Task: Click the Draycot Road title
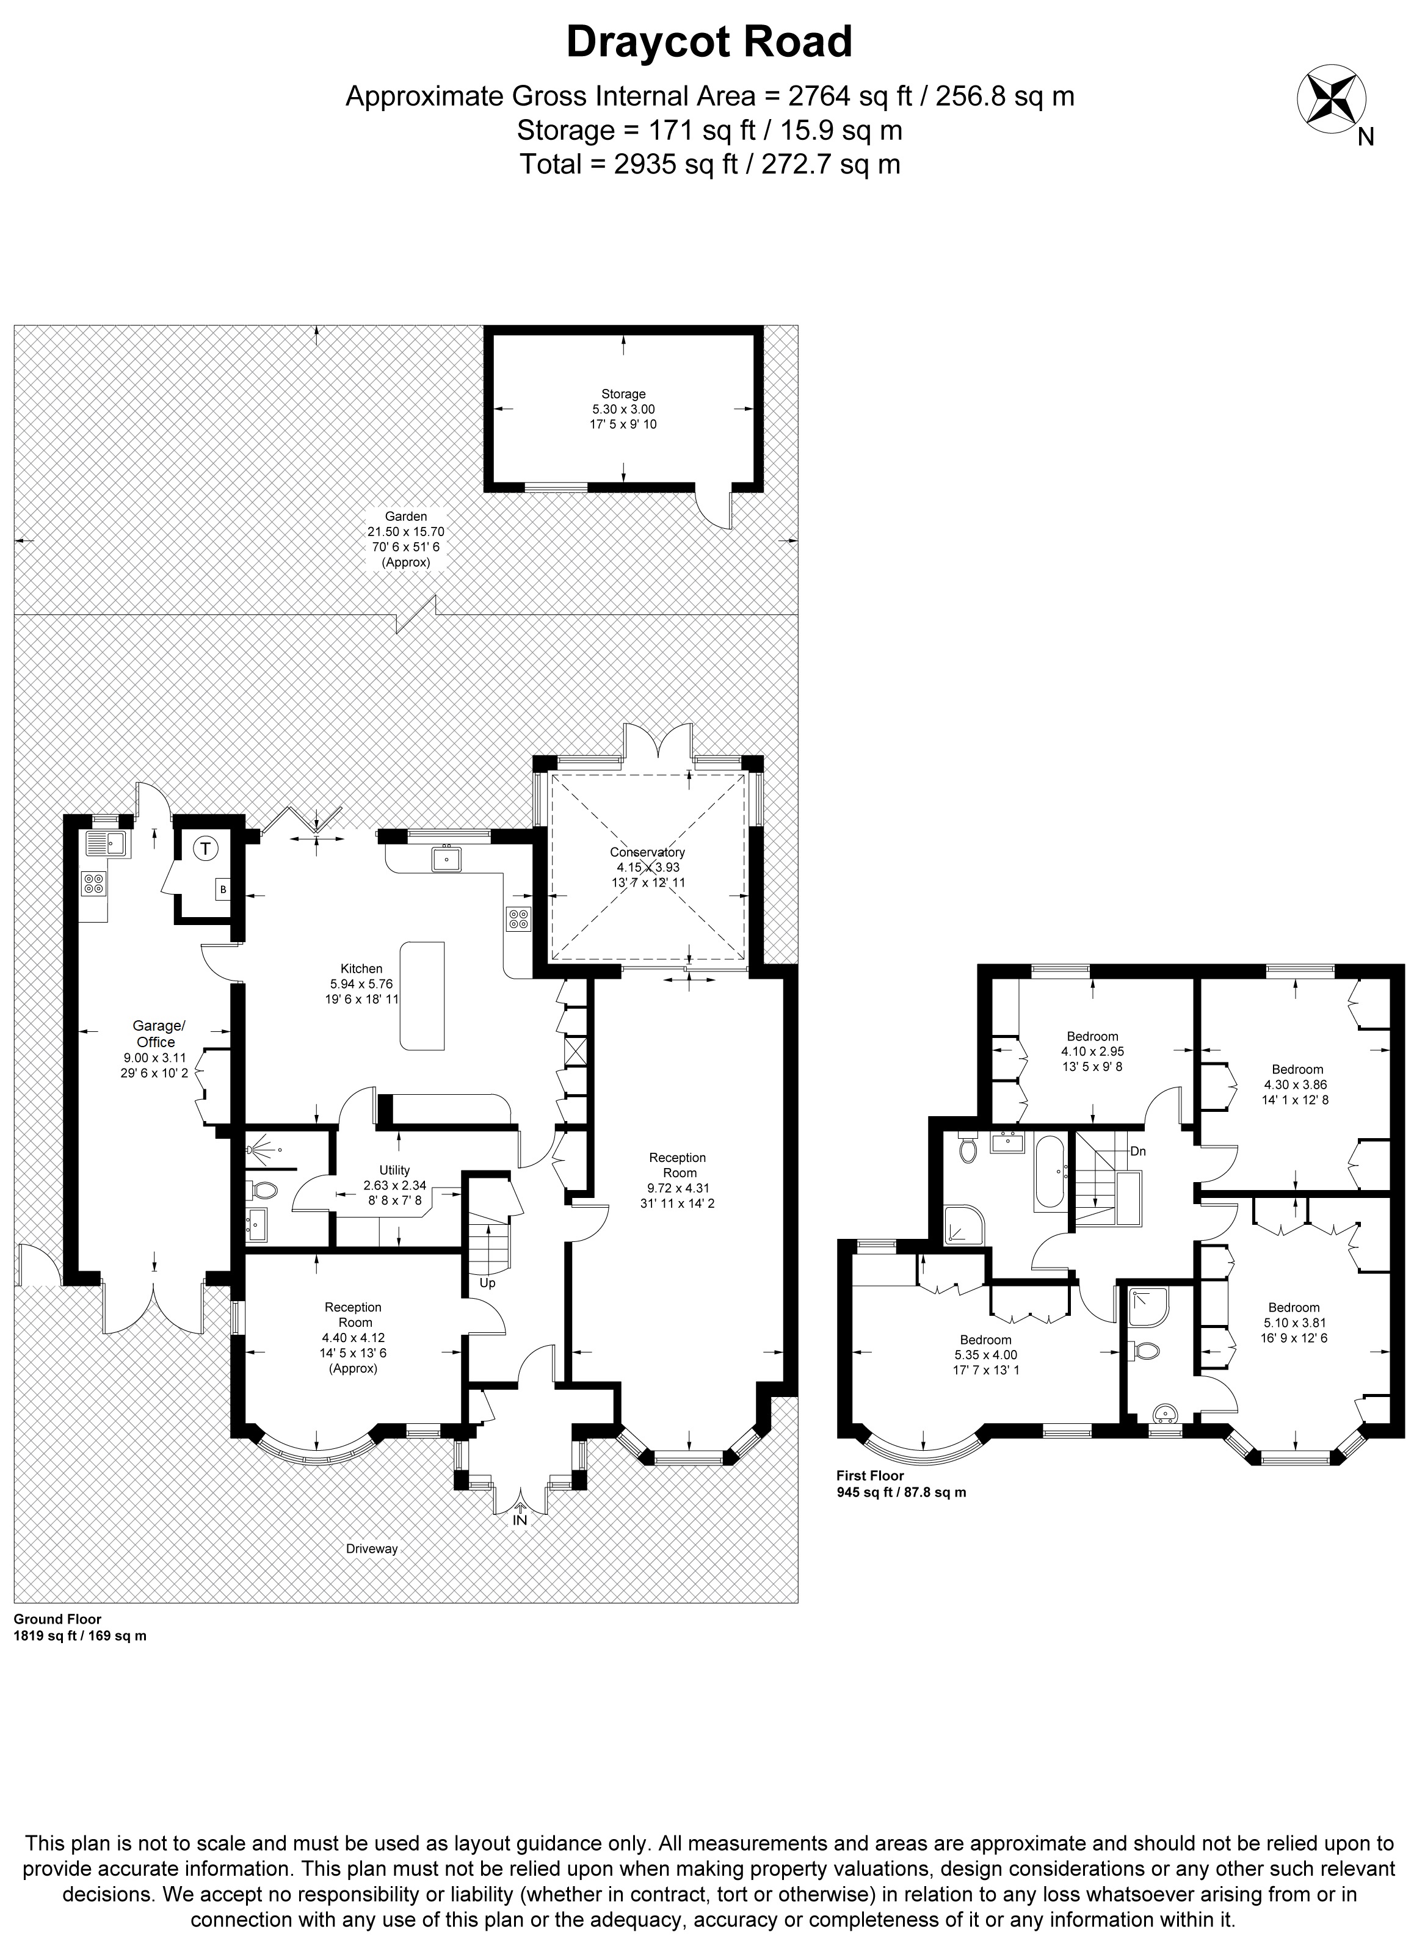pos(709,42)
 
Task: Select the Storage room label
pos(623,394)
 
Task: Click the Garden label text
pos(405,517)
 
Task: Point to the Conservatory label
pos(647,852)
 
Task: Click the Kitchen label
pos(361,969)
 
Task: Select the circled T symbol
pos(205,849)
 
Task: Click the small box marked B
pos(223,888)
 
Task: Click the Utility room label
pos(395,1170)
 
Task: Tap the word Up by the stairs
pos(487,1283)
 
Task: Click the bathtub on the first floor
pos(1049,1172)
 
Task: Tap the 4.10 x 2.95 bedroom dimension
pos(1093,1051)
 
